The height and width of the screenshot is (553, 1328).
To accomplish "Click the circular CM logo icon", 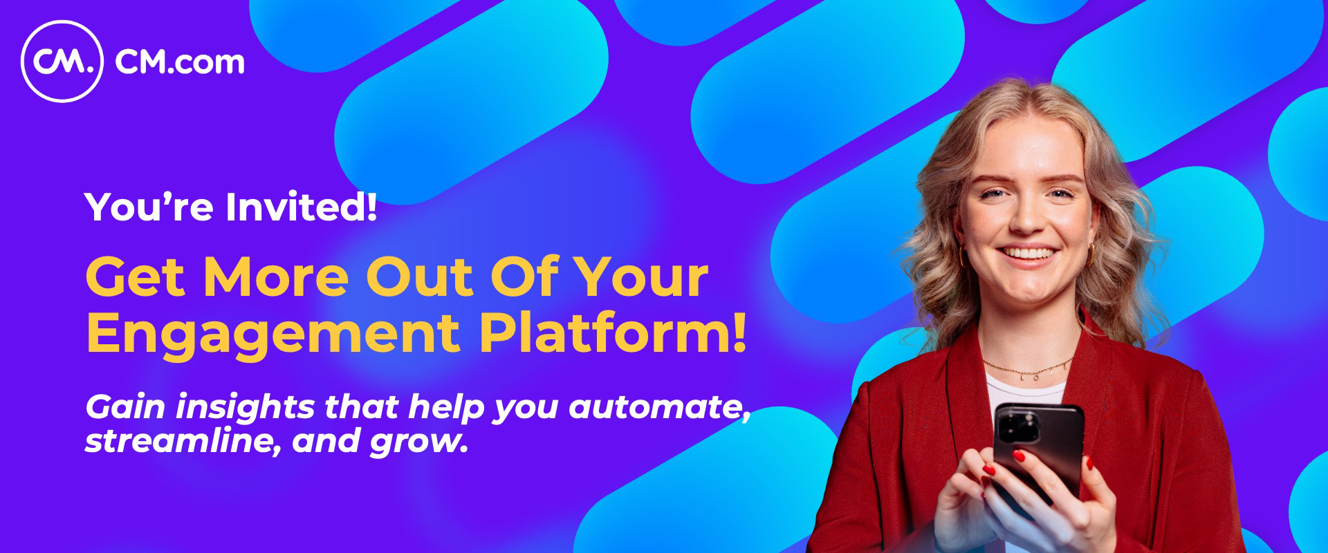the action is pos(62,62).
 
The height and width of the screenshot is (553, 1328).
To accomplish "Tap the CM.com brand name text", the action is pos(180,63).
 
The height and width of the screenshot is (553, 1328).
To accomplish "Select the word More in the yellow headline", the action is pos(276,277).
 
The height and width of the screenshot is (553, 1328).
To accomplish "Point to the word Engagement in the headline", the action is pos(273,335).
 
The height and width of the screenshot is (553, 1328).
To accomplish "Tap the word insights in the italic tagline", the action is pos(245,407).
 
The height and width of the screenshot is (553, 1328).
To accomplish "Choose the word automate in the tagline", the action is pos(660,409).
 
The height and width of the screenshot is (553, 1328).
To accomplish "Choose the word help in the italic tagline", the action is pos(448,407).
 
